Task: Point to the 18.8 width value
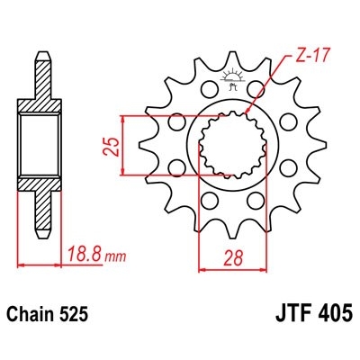[84, 256]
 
